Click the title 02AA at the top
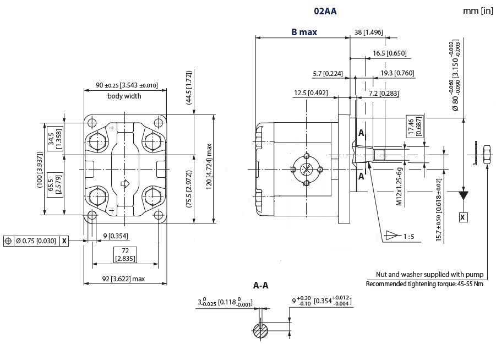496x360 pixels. (x=325, y=10)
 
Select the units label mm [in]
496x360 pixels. (x=477, y=10)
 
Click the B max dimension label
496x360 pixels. (x=304, y=32)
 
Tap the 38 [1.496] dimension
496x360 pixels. (x=368, y=32)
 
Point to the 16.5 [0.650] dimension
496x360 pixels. (x=389, y=53)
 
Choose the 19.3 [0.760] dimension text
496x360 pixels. (x=397, y=73)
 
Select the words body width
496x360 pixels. (x=124, y=96)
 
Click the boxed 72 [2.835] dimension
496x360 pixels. (x=125, y=254)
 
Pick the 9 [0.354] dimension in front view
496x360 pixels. (x=116, y=236)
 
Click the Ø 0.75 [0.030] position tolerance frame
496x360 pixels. (x=35, y=241)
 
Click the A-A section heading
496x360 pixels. (x=261, y=286)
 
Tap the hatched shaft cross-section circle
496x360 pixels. (x=261, y=331)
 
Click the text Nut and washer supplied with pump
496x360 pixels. (x=429, y=274)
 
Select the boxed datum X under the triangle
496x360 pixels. (x=463, y=217)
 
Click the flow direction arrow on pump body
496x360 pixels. (x=124, y=184)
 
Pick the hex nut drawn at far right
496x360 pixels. (x=486, y=154)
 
